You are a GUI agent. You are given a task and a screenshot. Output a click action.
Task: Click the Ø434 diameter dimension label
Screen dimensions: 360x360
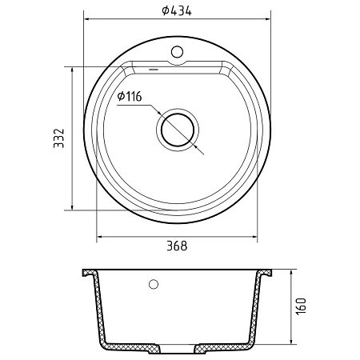click(177, 10)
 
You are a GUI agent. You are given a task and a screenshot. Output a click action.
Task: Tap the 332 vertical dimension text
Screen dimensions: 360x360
click(59, 138)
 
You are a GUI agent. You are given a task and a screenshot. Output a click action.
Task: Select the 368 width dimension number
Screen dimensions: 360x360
click(177, 246)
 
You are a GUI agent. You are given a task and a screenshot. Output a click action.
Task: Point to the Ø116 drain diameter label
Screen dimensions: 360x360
click(130, 97)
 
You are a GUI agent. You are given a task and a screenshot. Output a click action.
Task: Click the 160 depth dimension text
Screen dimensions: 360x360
click(302, 306)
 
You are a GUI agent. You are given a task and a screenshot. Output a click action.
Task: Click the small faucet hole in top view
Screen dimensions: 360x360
click(177, 52)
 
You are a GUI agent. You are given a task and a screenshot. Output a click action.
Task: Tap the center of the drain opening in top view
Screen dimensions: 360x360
click(178, 130)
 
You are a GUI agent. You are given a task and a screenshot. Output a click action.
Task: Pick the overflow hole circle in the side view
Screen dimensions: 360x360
click(154, 284)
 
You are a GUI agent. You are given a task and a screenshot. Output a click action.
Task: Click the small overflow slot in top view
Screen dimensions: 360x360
click(154, 70)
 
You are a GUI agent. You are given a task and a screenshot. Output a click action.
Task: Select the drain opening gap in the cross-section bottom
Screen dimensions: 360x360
click(178, 348)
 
